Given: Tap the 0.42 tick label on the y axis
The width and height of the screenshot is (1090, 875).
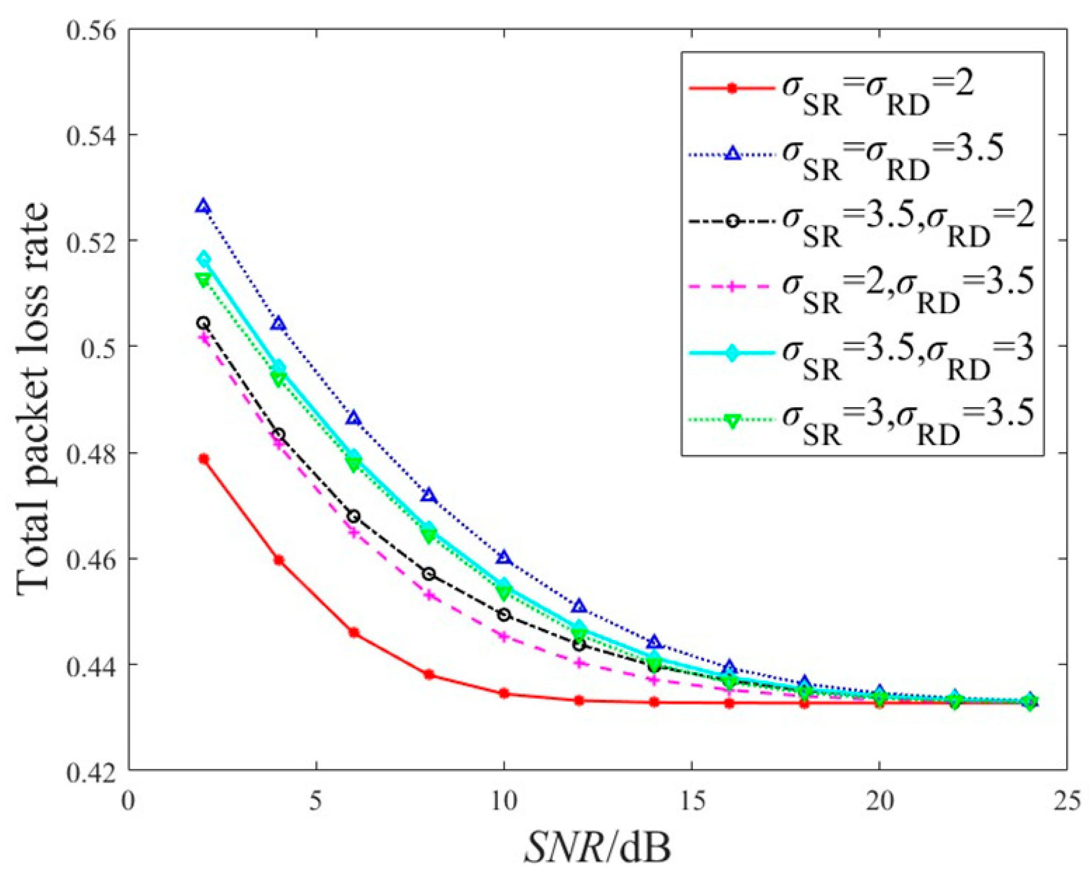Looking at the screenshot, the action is [x=91, y=770].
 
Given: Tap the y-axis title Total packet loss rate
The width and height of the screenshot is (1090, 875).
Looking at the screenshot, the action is [x=35, y=399].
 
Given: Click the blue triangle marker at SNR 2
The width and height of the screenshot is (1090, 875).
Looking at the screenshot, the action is [x=204, y=206].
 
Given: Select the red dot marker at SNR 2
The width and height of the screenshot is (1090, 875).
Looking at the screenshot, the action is [x=204, y=459].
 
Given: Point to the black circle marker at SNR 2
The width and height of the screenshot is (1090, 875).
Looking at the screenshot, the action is [x=204, y=323].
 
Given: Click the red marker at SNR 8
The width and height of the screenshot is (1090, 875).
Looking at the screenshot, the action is [x=429, y=674].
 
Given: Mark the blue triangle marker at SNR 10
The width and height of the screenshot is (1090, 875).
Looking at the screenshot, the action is [x=504, y=558].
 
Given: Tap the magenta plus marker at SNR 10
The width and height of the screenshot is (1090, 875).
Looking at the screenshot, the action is [x=504, y=636].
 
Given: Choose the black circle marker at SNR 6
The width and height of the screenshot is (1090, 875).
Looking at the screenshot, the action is [x=354, y=516].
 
